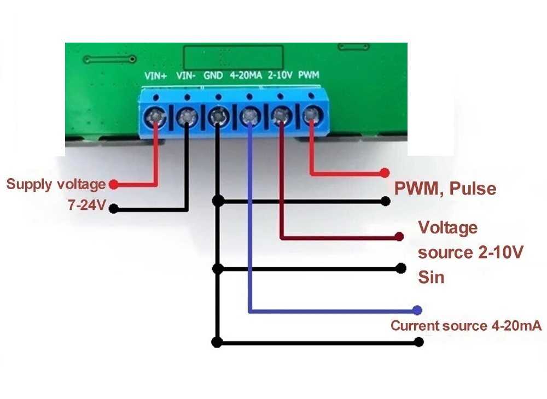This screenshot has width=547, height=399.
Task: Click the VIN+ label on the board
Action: point(156,76)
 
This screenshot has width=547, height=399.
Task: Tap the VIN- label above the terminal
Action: point(186,76)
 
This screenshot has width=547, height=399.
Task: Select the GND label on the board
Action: point(213,76)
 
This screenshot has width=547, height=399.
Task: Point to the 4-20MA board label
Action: point(246,76)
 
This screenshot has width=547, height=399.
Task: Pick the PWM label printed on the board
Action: point(309,76)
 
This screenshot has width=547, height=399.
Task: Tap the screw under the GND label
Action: point(219,115)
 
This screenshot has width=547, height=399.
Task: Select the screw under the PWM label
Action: point(312,115)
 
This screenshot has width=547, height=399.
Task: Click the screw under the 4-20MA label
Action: point(249,115)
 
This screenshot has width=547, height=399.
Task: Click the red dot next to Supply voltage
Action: point(114,185)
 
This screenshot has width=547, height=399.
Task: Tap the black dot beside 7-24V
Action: point(114,208)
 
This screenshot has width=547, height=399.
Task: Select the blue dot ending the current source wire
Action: point(417,310)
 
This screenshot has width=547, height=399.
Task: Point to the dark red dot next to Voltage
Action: point(400,237)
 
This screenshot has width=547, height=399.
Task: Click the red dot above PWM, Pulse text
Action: point(385,173)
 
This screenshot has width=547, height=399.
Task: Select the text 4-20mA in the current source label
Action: point(514,326)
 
